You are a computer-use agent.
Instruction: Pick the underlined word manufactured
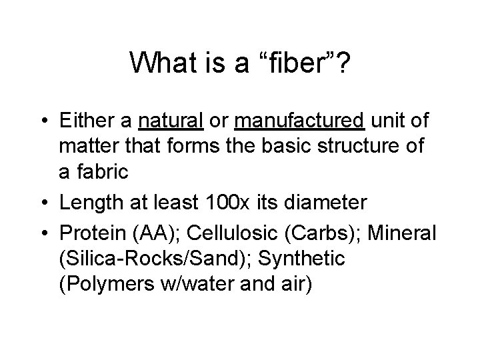pyautogui.click(x=299, y=123)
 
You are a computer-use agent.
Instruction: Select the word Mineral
pyautogui.click(x=401, y=233)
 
